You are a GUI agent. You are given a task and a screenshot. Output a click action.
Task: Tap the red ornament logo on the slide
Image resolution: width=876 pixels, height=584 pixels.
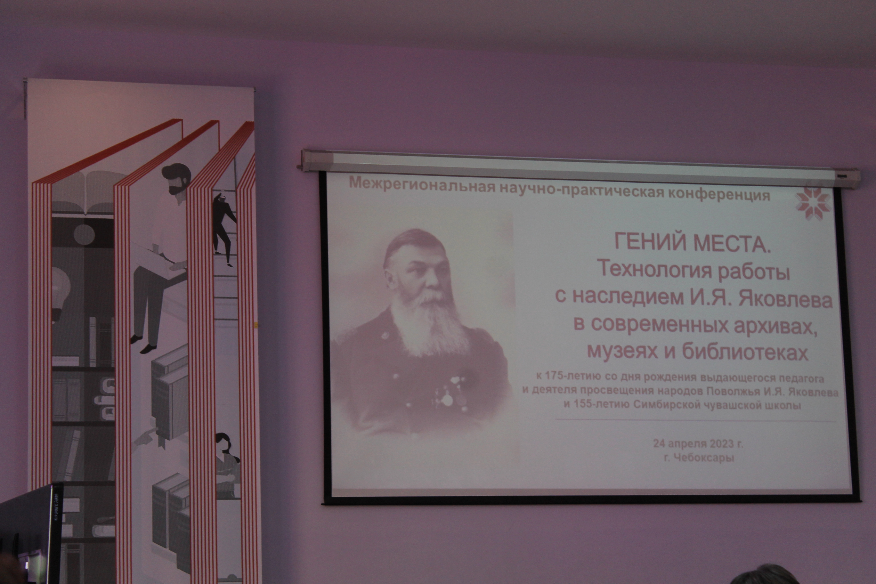pos(813,201)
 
